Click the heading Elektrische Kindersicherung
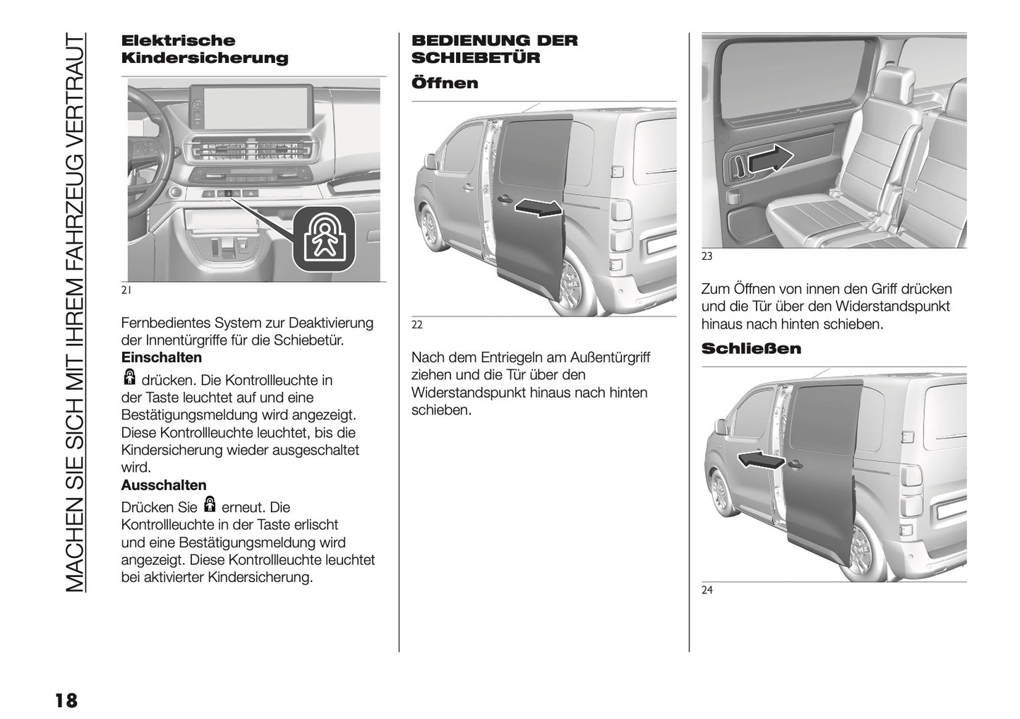pyautogui.click(x=205, y=49)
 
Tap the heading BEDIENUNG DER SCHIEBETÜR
pyautogui.click(x=494, y=49)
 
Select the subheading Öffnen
pyautogui.click(x=445, y=83)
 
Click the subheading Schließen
pyautogui.click(x=751, y=349)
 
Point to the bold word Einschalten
pyautogui.click(x=162, y=358)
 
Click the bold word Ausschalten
pyautogui.click(x=164, y=486)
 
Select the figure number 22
pyautogui.click(x=417, y=325)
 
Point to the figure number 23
pyautogui.click(x=707, y=257)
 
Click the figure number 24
pyautogui.click(x=707, y=591)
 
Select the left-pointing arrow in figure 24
pyautogui.click(x=761, y=460)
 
